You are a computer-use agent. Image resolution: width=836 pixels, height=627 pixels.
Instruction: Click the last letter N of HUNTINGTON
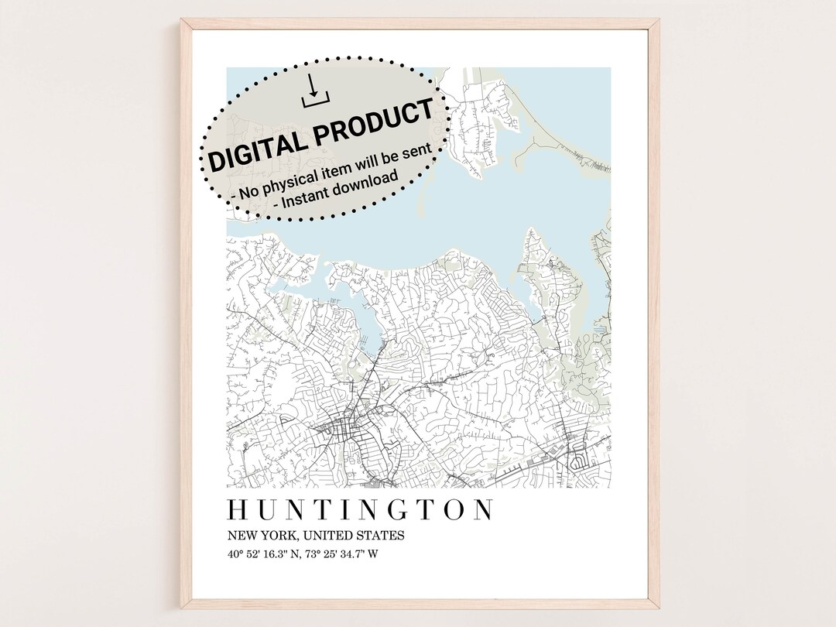(482, 510)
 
